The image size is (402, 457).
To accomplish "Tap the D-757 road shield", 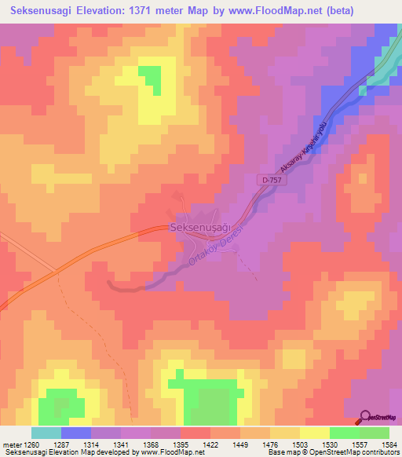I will tap(266, 181).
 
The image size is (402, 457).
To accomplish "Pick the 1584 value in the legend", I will tap(389, 445).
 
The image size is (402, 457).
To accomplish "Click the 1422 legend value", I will tap(210, 445).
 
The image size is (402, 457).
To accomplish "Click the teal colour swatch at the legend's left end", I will tap(46, 433).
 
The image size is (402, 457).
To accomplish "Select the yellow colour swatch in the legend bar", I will tap(314, 433).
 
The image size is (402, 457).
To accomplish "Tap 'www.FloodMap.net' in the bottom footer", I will tap(164, 453).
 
